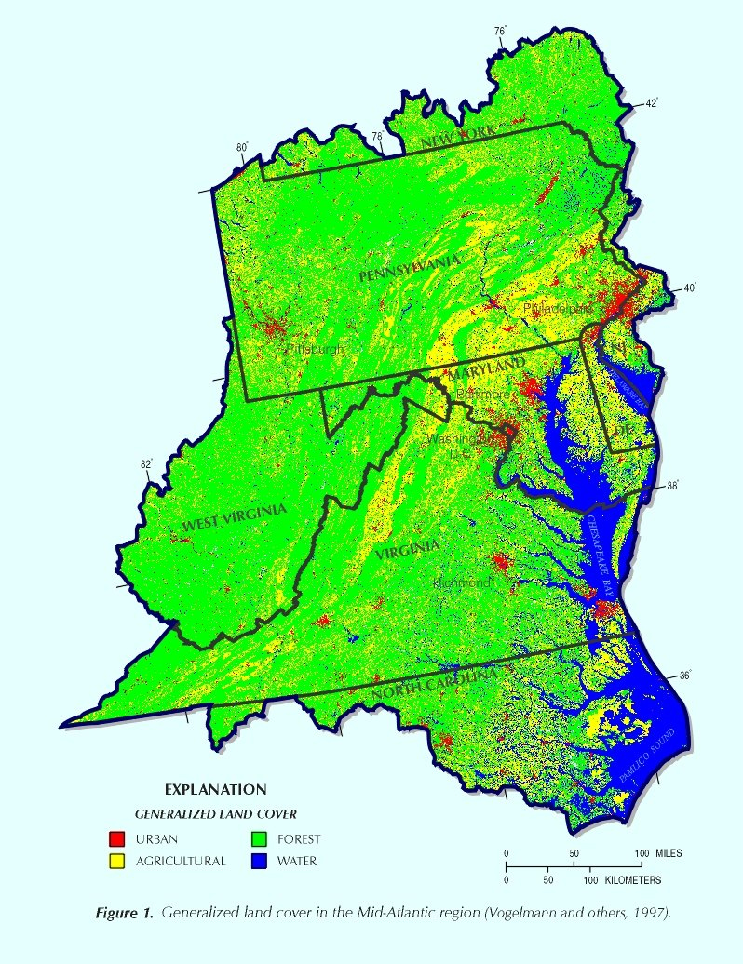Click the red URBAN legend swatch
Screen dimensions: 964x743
pos(117,839)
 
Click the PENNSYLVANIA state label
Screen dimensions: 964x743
pos(409,269)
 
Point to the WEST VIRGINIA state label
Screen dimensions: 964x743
pos(234,519)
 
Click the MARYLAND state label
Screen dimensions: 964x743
pos(487,367)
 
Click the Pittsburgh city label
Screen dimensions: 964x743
pos(314,349)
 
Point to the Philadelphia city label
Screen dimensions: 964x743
pos(557,307)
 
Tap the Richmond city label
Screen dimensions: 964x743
pos(461,582)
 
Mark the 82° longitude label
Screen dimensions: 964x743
pos(146,464)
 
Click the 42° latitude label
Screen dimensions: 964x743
pos(652,103)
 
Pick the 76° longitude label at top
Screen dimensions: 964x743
pos(500,32)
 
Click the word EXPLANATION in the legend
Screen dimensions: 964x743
pos(215,789)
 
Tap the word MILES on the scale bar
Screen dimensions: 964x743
pos(666,853)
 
